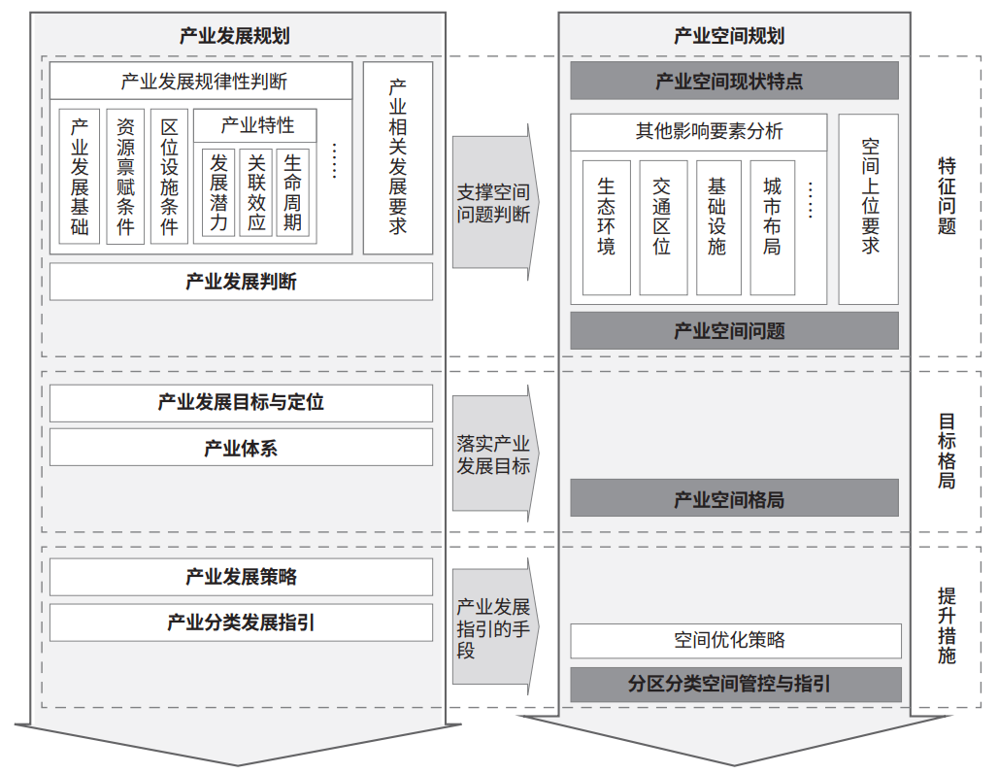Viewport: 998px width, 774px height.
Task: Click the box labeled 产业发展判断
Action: [x=241, y=282]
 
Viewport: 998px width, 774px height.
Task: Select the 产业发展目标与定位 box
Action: [x=241, y=402]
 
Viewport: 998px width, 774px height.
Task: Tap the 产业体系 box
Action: [x=241, y=448]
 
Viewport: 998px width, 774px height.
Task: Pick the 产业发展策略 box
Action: [x=241, y=577]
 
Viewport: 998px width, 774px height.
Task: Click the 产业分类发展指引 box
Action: [x=241, y=622]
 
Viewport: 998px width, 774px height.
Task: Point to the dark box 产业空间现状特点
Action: [x=735, y=81]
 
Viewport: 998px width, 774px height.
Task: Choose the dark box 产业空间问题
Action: [x=735, y=330]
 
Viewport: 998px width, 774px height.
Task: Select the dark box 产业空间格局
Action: [x=735, y=498]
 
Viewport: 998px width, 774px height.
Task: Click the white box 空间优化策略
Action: [x=736, y=640]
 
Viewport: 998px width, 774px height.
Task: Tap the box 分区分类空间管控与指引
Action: [x=736, y=685]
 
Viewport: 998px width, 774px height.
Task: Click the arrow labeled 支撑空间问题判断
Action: [x=496, y=202]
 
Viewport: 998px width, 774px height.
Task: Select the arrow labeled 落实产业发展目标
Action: [x=496, y=454]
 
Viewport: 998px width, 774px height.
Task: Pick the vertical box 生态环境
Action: [x=607, y=227]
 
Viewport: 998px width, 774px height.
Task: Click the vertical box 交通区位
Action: [x=663, y=227]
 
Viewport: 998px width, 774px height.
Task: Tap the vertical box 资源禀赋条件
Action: [x=125, y=177]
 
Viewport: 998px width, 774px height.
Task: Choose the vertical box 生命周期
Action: [x=293, y=193]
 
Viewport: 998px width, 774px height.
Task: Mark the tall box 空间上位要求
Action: [x=869, y=210]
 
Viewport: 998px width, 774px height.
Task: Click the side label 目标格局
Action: [x=947, y=451]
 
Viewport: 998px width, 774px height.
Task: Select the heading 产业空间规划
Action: [x=729, y=36]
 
